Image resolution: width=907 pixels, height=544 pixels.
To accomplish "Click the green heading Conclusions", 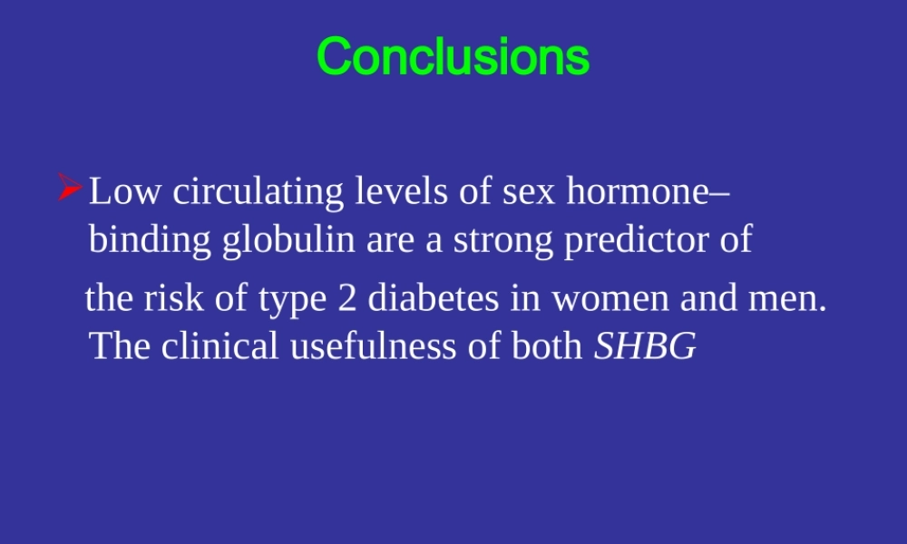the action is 453,56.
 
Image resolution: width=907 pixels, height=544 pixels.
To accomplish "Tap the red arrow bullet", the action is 70,188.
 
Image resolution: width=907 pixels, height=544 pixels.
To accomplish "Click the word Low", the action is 125,191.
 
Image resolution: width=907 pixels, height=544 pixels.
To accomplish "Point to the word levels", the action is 402,190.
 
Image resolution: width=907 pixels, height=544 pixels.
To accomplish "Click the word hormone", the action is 638,190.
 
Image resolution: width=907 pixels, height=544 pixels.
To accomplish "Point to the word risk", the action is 173,297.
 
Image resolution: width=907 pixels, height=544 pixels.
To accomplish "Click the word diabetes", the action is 434,297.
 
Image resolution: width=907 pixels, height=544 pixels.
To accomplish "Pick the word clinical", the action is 219,345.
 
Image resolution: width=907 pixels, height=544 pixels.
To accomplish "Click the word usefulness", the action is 373,345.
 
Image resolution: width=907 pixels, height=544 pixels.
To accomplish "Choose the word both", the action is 547,345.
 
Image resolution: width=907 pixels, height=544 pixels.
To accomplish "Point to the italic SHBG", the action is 645,345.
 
